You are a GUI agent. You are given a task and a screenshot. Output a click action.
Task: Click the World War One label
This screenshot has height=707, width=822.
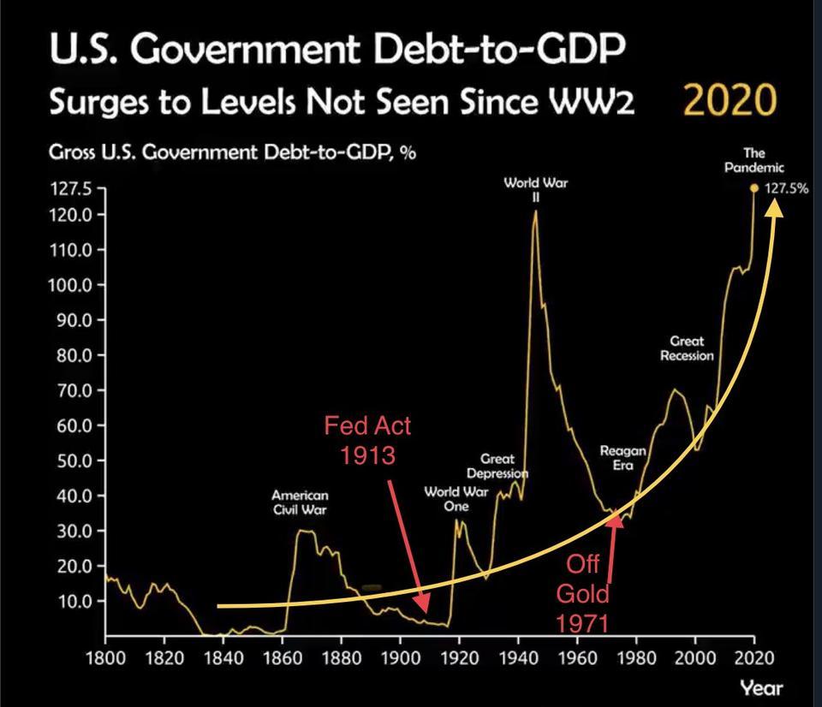click(456, 498)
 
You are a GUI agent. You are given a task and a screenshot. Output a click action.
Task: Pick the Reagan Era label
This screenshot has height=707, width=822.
click(622, 457)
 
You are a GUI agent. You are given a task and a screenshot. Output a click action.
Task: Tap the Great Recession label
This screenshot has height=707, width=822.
click(687, 348)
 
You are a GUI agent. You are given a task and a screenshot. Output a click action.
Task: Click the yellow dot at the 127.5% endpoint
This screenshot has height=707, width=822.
click(753, 188)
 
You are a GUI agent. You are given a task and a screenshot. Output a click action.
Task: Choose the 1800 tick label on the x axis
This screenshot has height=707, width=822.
click(105, 657)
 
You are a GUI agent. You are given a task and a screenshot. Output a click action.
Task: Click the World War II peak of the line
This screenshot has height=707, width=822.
click(535, 211)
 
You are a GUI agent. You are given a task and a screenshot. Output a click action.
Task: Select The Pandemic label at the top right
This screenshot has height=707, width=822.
click(753, 162)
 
